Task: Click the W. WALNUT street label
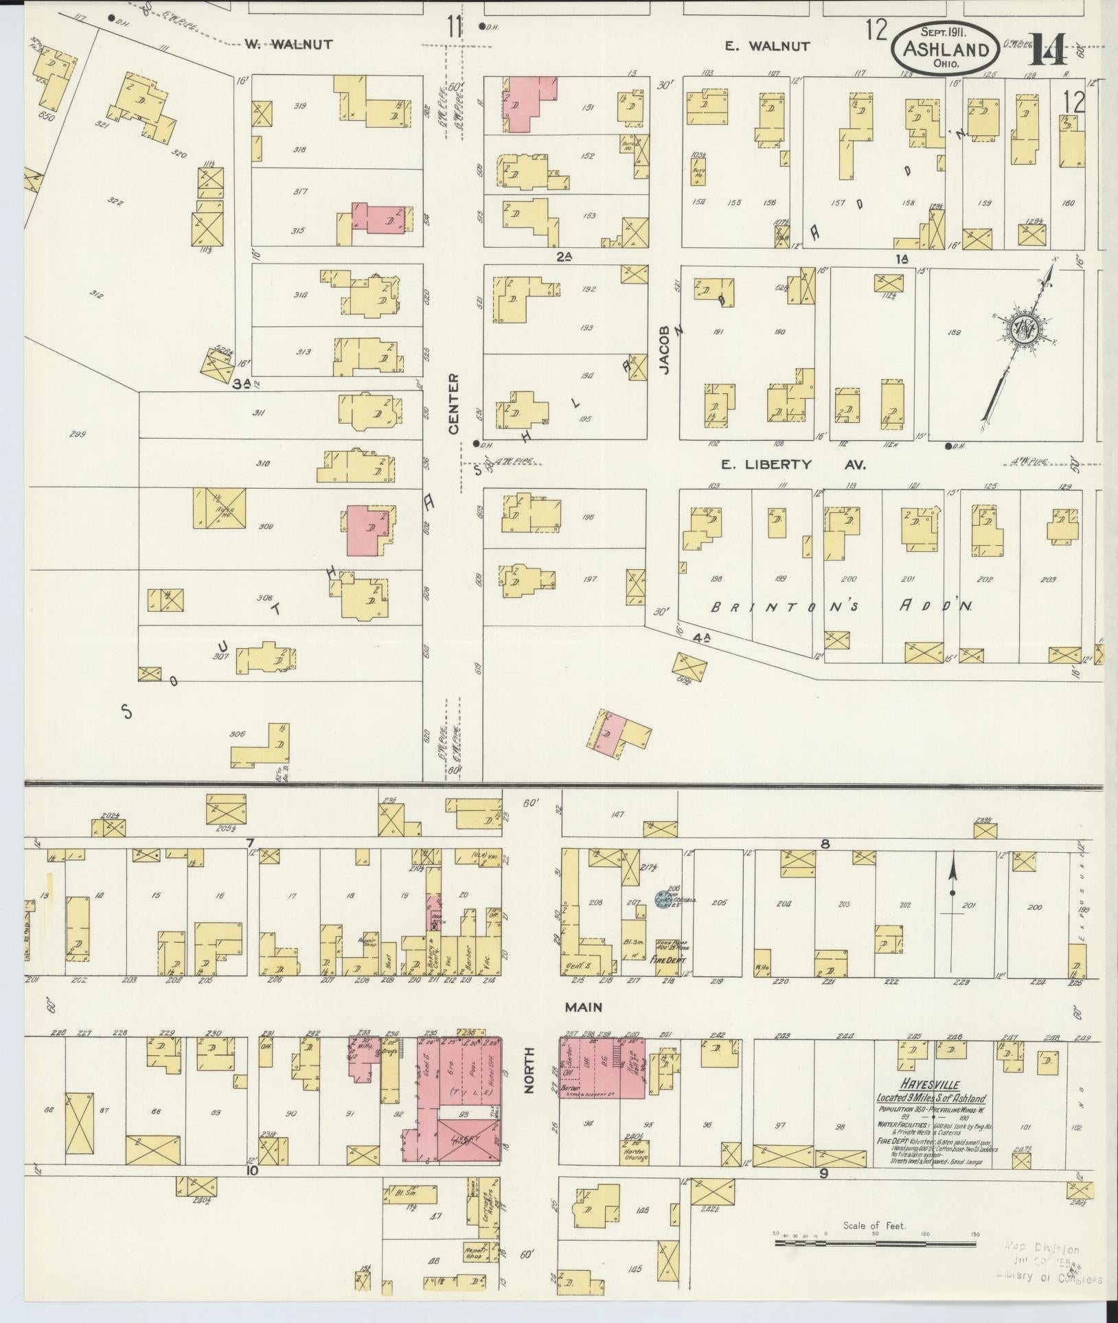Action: coord(288,45)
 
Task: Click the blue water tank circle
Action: coord(661,899)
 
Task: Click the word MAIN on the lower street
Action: coord(583,1007)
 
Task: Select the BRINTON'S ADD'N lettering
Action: coord(845,607)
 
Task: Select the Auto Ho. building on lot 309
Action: coord(220,509)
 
